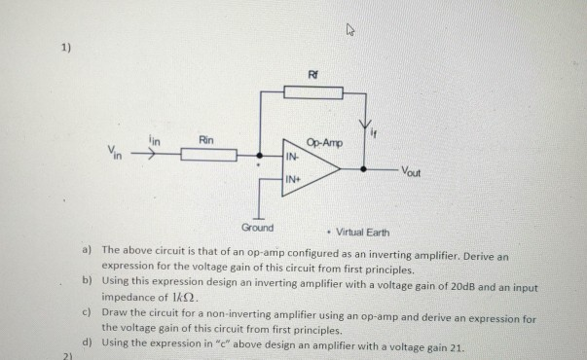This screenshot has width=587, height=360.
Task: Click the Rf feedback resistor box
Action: click(x=313, y=93)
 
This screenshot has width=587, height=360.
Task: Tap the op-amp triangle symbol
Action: click(x=310, y=166)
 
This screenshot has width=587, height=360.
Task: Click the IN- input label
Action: click(x=292, y=156)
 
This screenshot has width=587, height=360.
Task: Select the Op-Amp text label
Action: click(x=324, y=143)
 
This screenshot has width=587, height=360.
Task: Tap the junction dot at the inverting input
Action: click(x=258, y=155)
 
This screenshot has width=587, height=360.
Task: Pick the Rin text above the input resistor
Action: click(x=206, y=140)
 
